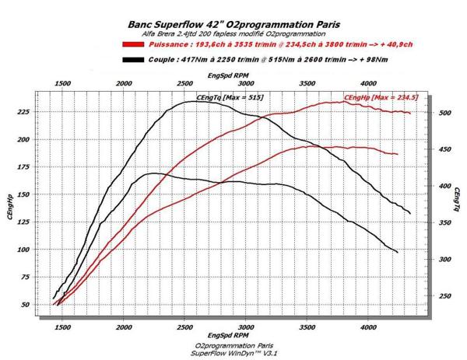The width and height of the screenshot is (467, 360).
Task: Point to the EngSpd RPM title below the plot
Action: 231,336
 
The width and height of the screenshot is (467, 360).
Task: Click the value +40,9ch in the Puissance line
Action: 392,45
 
